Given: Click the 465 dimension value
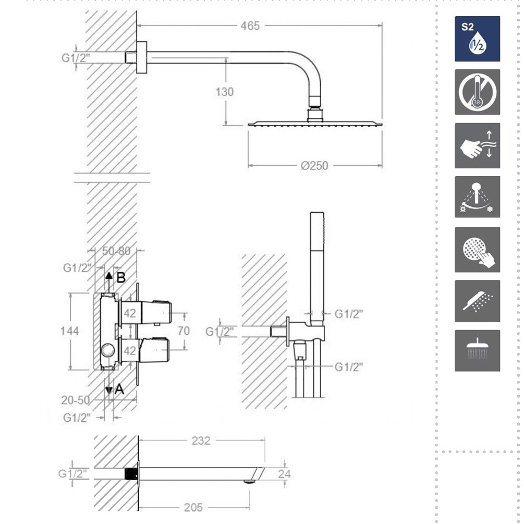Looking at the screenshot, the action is [250, 26].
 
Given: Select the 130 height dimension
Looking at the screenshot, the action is [224, 92].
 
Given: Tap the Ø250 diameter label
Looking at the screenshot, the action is [314, 166].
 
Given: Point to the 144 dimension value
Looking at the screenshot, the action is [70, 331].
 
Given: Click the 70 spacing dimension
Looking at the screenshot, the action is [183, 331].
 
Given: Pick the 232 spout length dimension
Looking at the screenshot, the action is [201, 441].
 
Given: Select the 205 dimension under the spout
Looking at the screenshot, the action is [193, 508].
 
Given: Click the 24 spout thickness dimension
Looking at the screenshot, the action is [284, 474].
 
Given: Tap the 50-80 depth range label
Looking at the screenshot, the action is [116, 251].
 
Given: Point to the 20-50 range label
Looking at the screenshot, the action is [75, 400].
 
